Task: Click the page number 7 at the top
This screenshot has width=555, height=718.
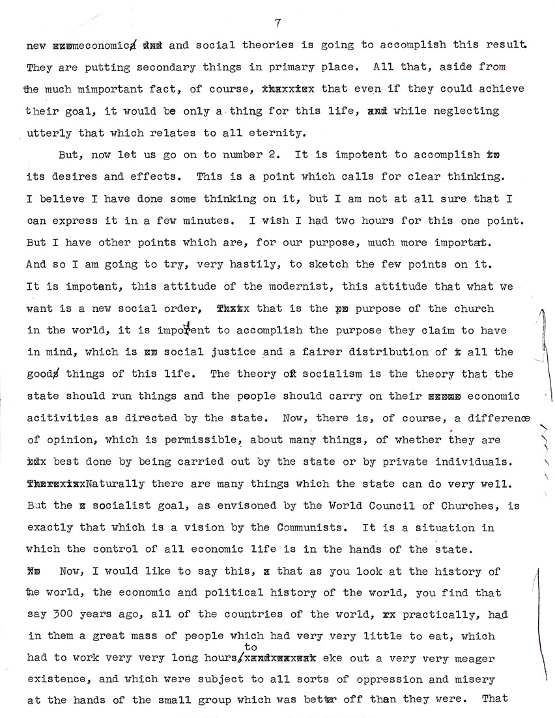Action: tap(277, 23)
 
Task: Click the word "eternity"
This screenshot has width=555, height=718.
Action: tap(278, 133)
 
